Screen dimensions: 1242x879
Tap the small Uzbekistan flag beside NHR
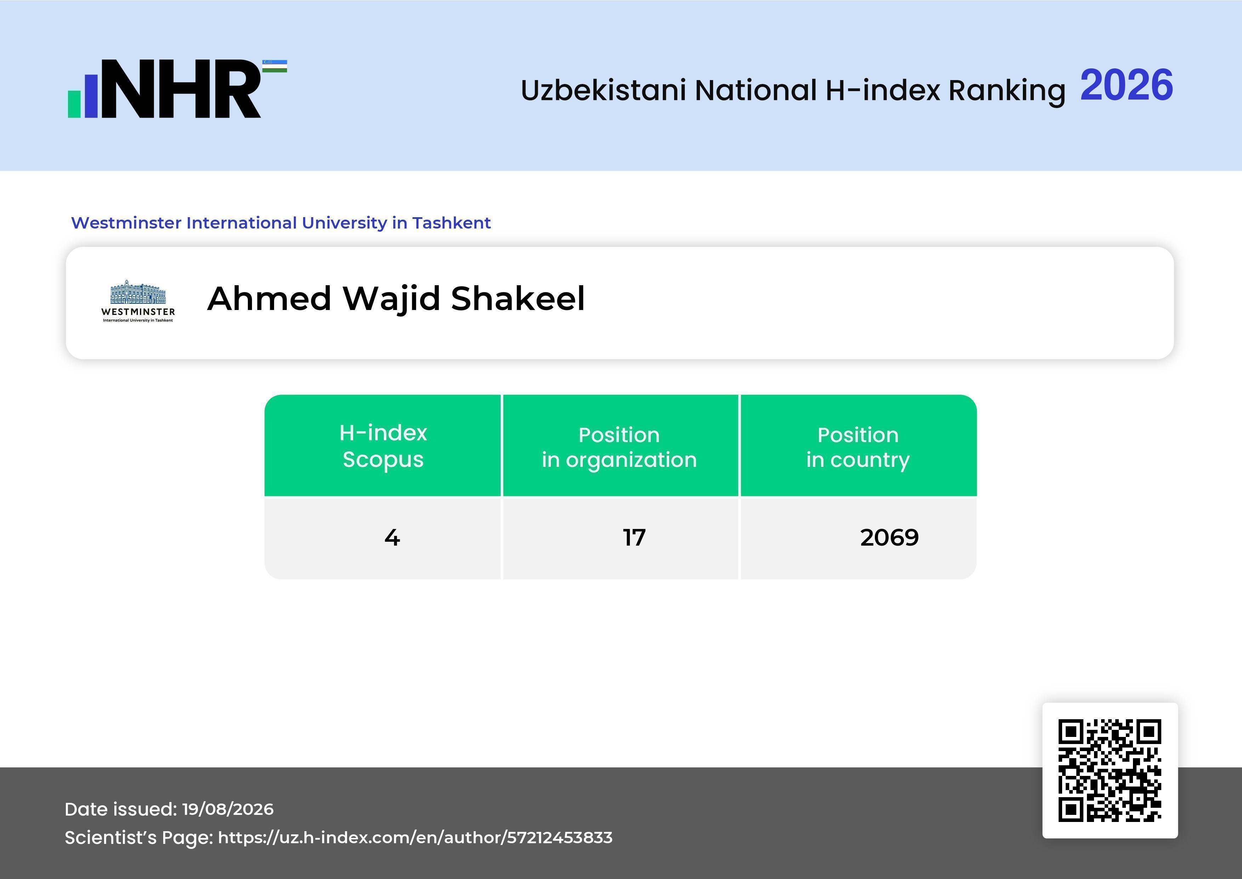[x=275, y=66]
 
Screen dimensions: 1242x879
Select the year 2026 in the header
[x=1127, y=85]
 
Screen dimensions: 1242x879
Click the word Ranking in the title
[x=1007, y=90]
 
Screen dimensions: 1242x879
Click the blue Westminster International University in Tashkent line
[x=281, y=223]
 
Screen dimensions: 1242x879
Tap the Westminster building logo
[x=138, y=301]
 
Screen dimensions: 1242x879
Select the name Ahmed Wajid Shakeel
[x=396, y=298]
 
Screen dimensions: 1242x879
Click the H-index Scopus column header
[x=383, y=446]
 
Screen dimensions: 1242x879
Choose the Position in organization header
[x=619, y=447]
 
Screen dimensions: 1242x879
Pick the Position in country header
[x=858, y=447]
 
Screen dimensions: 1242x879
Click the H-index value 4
[x=392, y=537]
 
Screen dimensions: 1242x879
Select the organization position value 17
[x=634, y=537]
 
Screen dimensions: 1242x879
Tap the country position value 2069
[x=889, y=537]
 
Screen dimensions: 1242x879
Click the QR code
[x=1110, y=770]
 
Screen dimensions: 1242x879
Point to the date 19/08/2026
[x=228, y=809]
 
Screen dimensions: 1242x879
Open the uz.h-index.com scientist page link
[x=415, y=837]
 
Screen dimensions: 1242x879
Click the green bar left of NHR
[x=74, y=103]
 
